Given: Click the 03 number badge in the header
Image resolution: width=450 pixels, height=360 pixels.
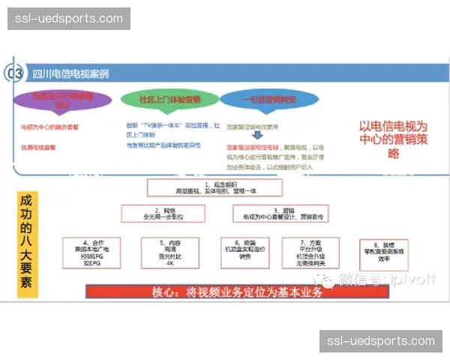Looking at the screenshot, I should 14,73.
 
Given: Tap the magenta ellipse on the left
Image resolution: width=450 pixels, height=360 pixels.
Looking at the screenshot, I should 63,100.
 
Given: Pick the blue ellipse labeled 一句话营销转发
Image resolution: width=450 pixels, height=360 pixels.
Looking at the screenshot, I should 259,100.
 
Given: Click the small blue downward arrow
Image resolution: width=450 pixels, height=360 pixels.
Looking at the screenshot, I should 256,136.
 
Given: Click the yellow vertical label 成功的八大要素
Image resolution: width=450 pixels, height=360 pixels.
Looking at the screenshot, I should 27,243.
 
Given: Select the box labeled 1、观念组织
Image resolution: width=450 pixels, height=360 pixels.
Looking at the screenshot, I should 203,187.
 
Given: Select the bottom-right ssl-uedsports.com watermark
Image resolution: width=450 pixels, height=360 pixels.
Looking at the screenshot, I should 381,341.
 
